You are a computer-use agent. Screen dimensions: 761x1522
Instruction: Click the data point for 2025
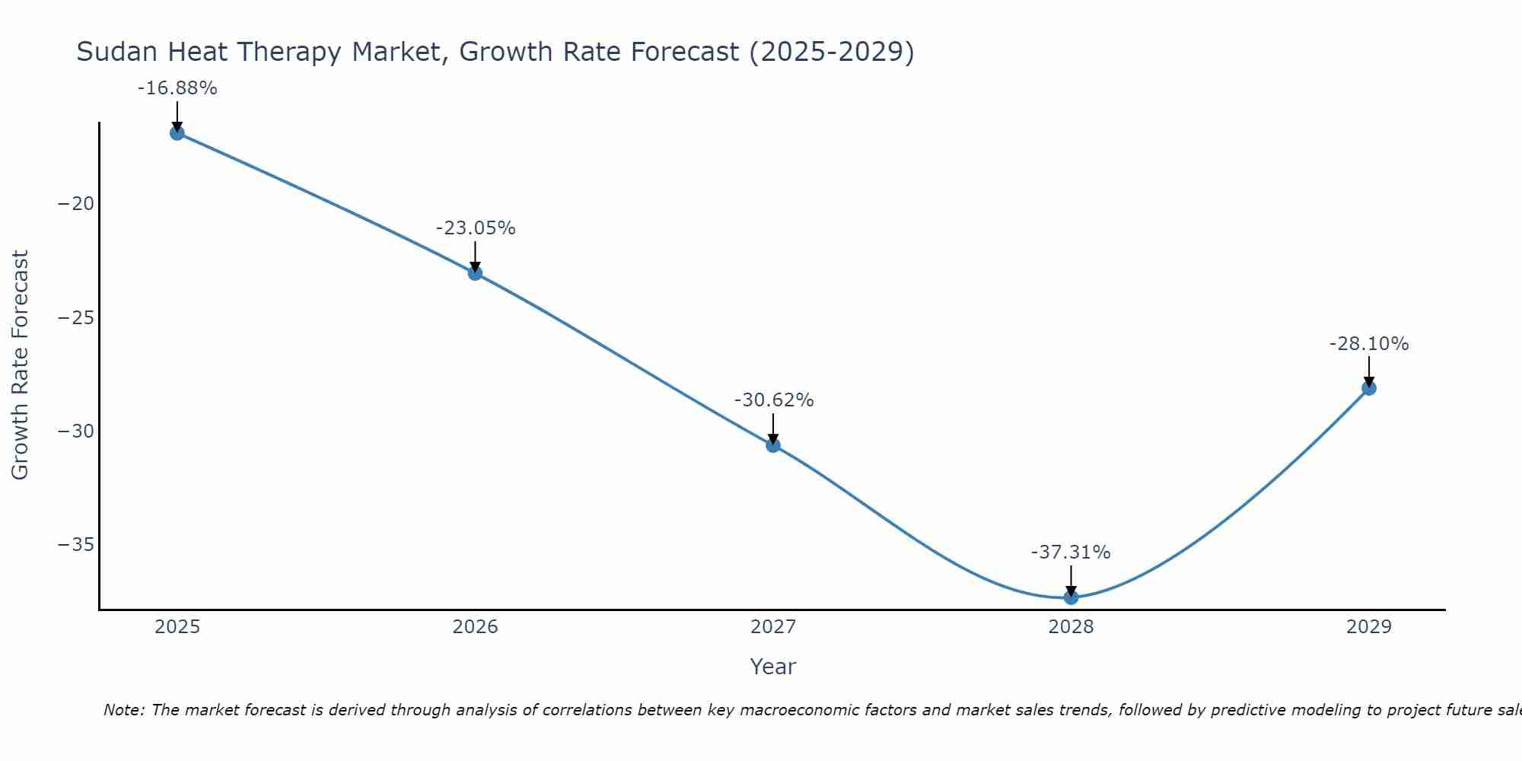tap(177, 133)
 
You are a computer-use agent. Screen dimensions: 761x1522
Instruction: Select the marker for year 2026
tap(475, 273)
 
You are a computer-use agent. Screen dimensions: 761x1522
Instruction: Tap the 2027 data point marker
tap(773, 445)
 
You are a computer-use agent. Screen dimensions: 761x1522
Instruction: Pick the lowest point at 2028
tap(1071, 597)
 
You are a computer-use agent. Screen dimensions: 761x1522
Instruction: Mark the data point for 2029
tap(1369, 388)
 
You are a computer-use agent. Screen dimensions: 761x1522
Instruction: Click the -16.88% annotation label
tap(177, 88)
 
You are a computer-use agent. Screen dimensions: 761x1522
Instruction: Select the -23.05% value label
tap(476, 228)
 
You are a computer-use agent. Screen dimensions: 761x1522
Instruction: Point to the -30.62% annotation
tap(774, 400)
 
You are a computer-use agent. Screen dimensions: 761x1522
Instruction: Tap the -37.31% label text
tap(1071, 552)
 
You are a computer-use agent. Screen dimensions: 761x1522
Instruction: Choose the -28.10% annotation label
tap(1369, 344)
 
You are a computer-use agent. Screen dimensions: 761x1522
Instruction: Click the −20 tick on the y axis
tap(76, 204)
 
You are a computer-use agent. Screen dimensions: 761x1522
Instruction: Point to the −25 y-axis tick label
tap(76, 317)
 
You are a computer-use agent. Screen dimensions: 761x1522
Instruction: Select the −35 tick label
tap(76, 545)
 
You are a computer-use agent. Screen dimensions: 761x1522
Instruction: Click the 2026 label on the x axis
tap(475, 627)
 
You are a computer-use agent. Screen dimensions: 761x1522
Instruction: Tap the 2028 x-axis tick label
tap(1071, 627)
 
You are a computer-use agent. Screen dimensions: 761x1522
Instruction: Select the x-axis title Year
tap(773, 667)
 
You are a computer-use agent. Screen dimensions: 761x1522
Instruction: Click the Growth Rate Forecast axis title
tap(20, 365)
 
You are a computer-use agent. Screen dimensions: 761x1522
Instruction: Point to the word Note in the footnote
tap(123, 710)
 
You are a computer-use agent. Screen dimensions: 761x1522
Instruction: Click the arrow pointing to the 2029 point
tap(1369, 371)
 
